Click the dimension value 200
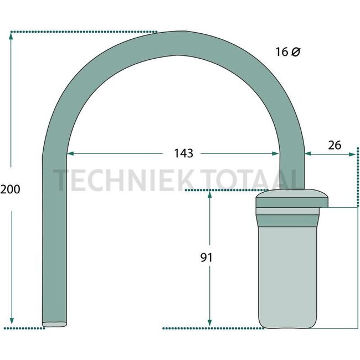coord(10,189)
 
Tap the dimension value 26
coord(333,145)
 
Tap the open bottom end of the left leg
coord(55,324)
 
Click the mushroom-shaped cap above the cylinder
coord(290,197)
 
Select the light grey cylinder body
coord(288,277)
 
